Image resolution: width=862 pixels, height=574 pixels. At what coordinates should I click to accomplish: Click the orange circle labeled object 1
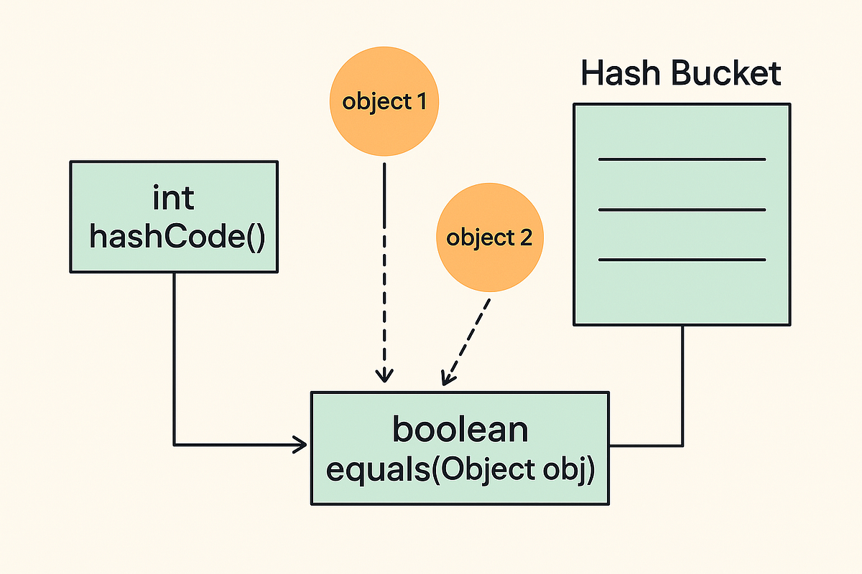click(x=384, y=102)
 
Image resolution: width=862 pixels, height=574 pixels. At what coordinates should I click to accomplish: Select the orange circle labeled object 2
click(x=490, y=237)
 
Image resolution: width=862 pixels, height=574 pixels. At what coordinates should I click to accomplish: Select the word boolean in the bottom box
click(x=460, y=429)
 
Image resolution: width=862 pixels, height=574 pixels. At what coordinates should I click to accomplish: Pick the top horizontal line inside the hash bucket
click(x=682, y=159)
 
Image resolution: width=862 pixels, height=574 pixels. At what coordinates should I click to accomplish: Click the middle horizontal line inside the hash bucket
click(x=682, y=210)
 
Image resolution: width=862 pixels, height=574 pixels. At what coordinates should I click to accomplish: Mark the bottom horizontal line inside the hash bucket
click(x=682, y=259)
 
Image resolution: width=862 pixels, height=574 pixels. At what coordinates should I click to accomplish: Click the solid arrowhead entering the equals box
click(x=302, y=445)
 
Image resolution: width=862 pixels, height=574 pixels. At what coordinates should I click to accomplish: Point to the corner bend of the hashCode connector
click(x=174, y=445)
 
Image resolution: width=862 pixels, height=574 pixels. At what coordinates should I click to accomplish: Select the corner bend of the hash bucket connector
click(x=682, y=445)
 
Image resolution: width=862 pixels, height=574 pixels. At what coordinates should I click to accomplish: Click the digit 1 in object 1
click(x=421, y=102)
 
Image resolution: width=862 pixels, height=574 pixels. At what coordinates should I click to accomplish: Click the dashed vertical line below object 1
click(x=386, y=265)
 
